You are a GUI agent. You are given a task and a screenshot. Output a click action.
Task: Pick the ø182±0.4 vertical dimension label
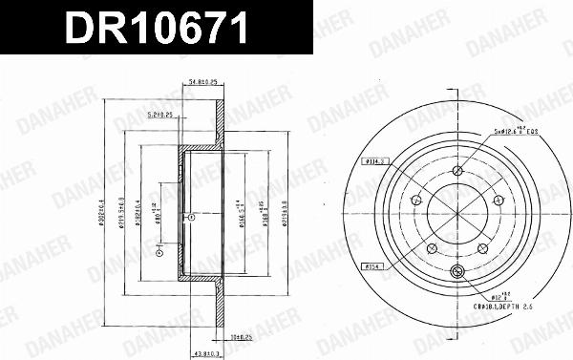(x=140, y=212)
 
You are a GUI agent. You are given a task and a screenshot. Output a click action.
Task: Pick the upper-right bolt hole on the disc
(x=496, y=199)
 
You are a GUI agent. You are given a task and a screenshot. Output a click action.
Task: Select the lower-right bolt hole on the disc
(x=480, y=245)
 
